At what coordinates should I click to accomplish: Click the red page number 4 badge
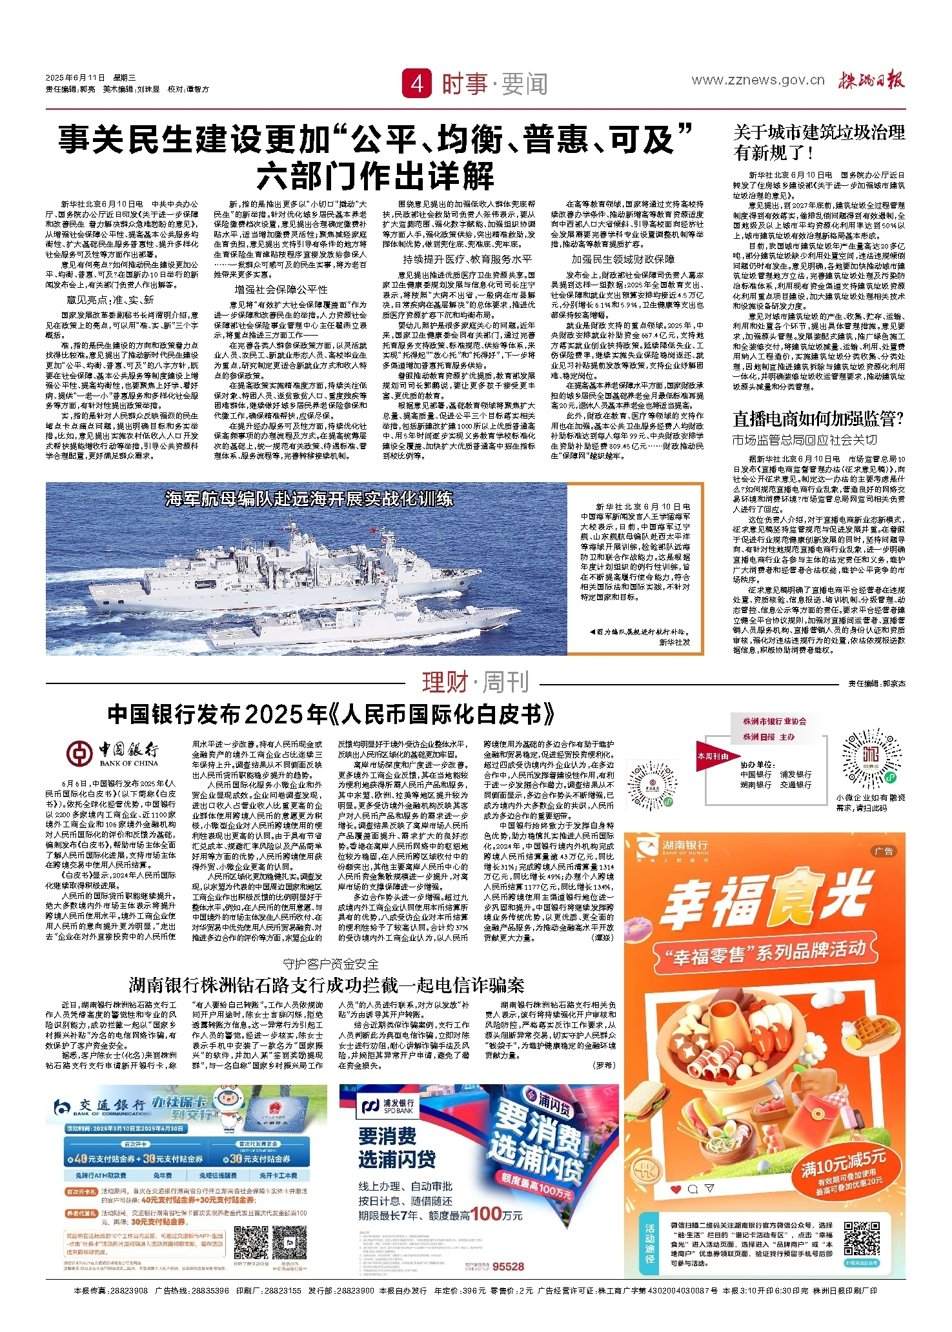coord(416,84)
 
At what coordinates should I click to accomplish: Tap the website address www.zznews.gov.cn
coord(758,80)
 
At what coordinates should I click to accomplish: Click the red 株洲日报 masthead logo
coord(871,80)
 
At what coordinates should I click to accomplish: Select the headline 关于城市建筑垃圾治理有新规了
coord(818,143)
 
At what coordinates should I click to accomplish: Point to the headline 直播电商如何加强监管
coord(818,419)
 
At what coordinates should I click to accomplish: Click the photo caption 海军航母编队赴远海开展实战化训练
coord(309,499)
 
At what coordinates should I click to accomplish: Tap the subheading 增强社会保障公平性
coord(281,289)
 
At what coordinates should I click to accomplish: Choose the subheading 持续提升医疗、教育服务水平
coord(467,259)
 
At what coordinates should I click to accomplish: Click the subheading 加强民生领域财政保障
coord(623,259)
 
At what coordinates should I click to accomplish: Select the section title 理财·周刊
coord(475,682)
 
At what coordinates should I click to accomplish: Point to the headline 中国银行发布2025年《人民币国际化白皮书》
coord(331,714)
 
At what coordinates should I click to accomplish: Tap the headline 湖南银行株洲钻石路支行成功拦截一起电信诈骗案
coord(326,985)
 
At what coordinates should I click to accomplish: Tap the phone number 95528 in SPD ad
coord(508,1266)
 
